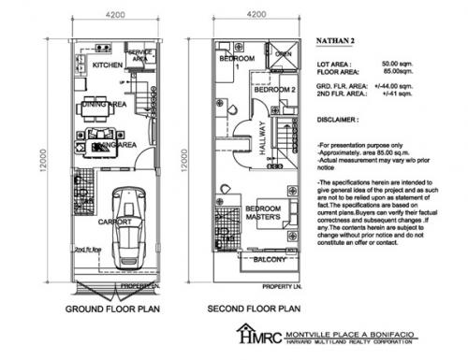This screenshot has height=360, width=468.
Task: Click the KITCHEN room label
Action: [x=96, y=65]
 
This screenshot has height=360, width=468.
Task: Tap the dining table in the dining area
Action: [x=93, y=106]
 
